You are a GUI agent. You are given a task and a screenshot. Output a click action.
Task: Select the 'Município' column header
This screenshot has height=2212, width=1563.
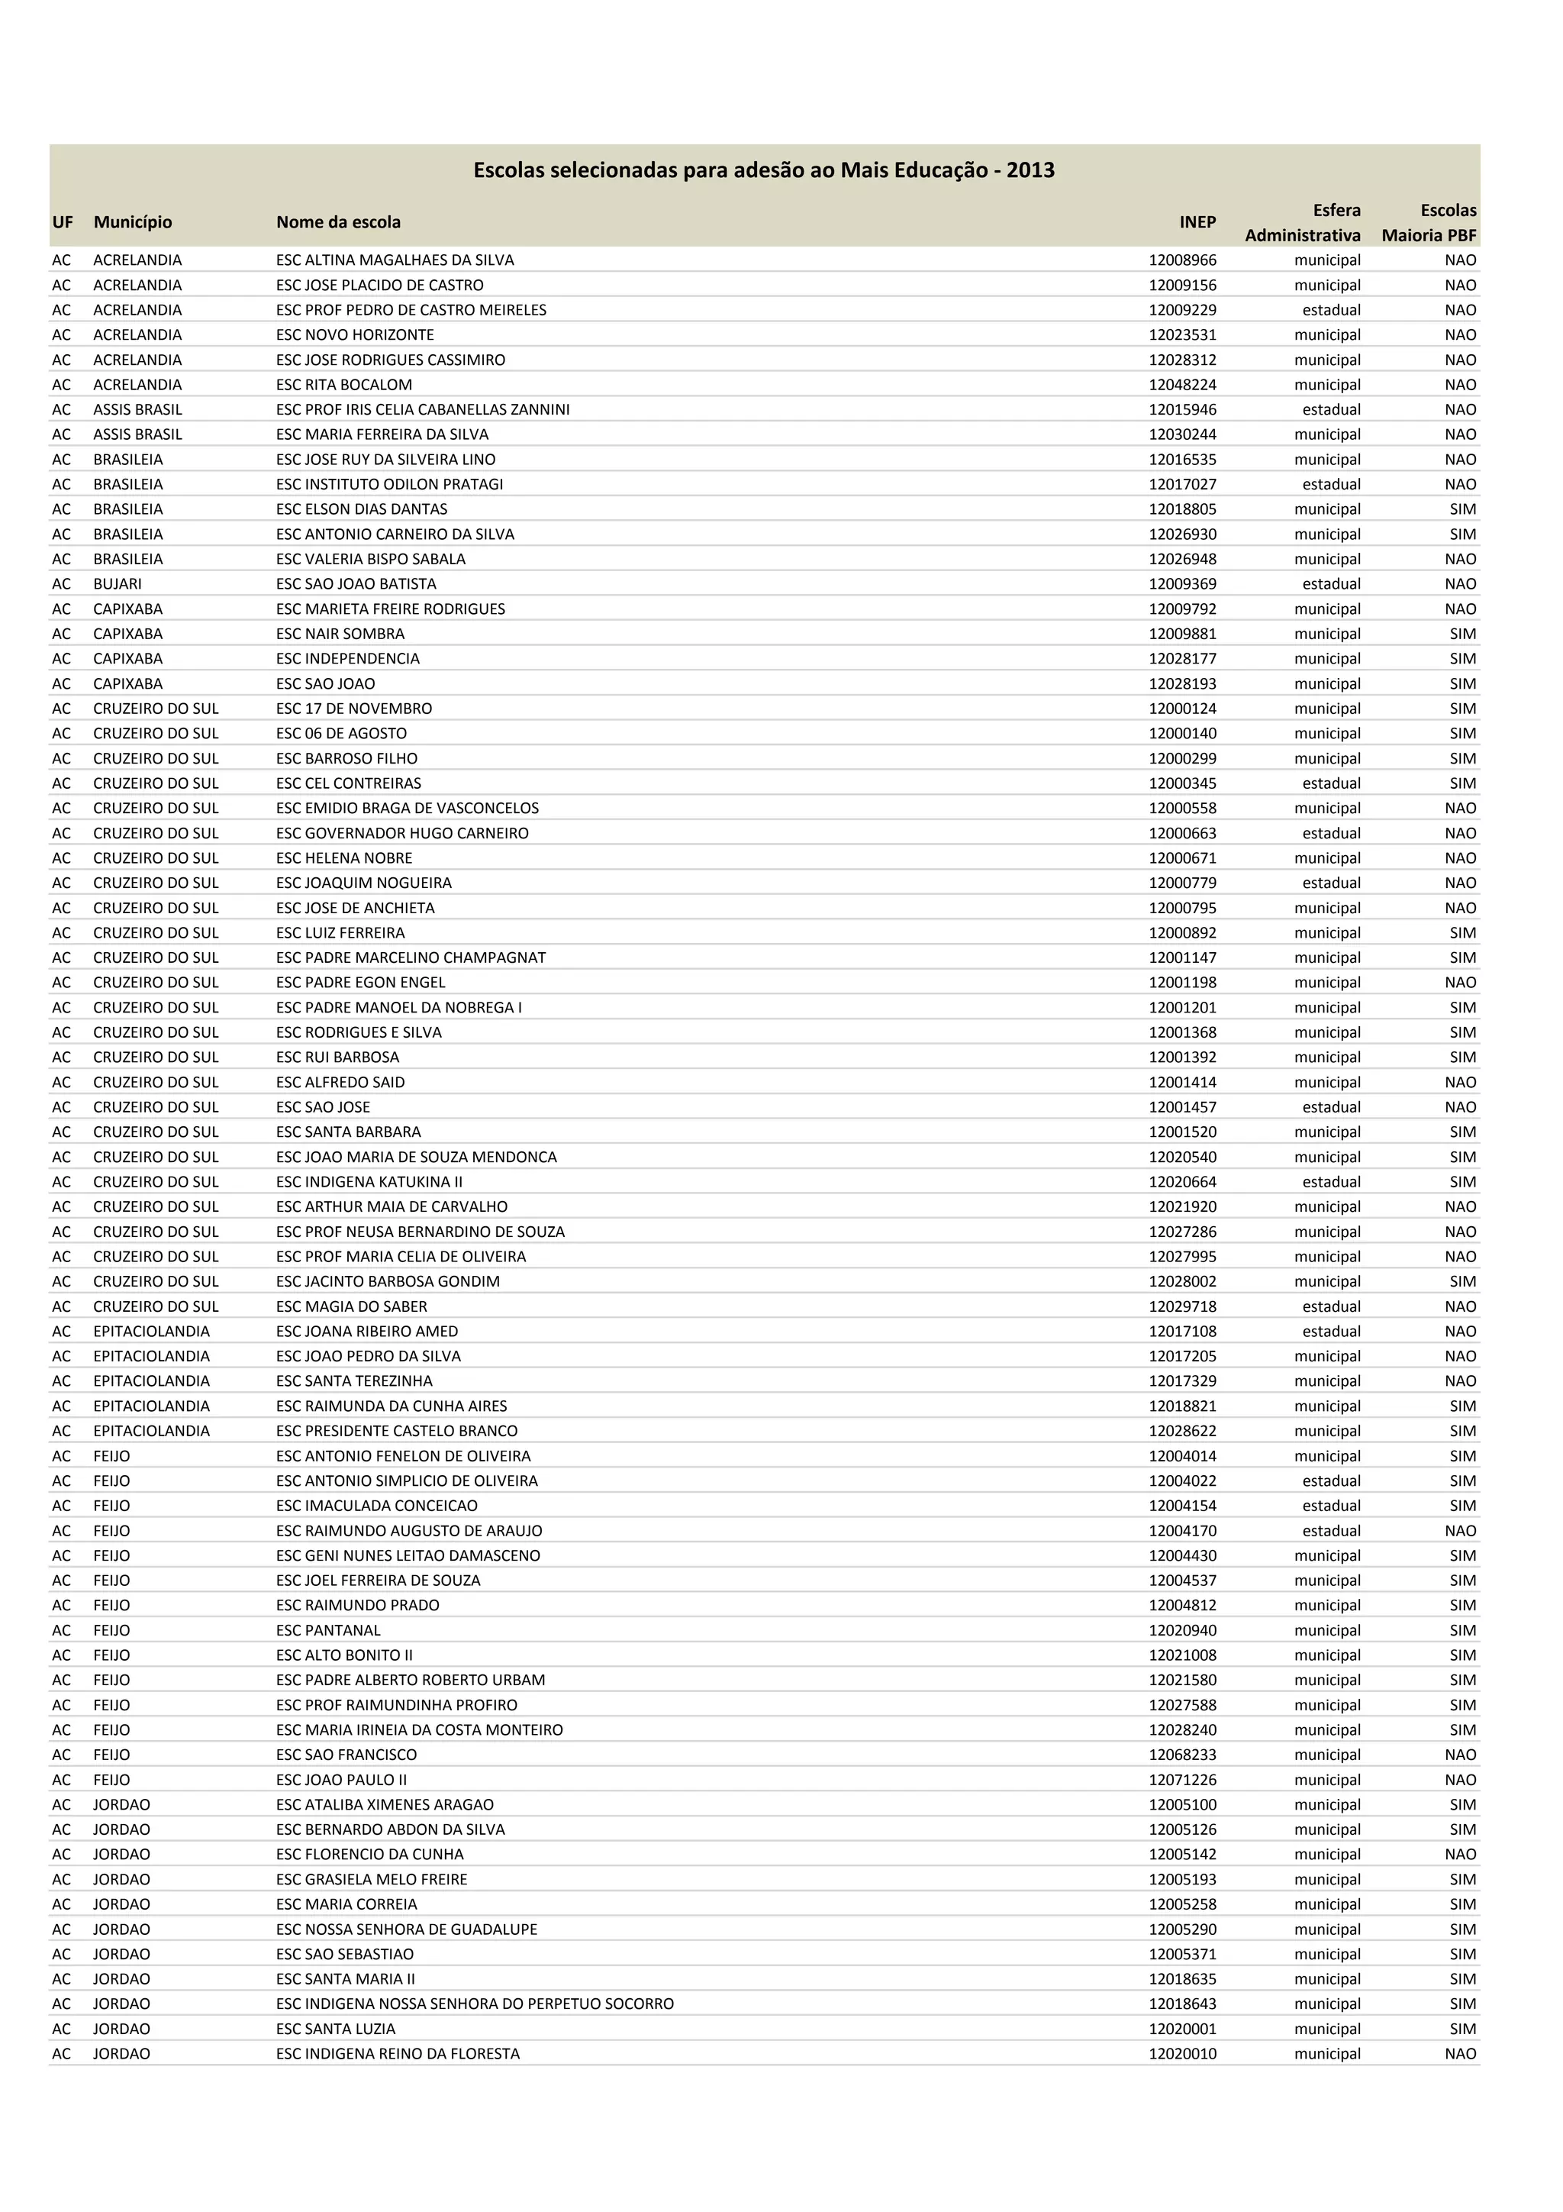pos(133,222)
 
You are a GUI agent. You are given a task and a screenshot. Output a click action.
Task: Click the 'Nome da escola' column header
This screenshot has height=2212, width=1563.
pos(338,222)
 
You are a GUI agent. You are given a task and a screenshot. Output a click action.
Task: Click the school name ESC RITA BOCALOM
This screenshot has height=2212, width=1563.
pos(343,384)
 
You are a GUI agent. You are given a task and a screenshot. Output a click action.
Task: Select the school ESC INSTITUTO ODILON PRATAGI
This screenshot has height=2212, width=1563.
pos(389,485)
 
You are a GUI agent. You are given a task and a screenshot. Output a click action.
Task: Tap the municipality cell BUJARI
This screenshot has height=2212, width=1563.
pos(118,584)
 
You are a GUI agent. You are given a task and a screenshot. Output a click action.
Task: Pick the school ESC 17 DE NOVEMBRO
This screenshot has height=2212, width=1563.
pos(353,709)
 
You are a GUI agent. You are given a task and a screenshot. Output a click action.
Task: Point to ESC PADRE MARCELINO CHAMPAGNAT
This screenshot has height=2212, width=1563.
pos(411,957)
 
